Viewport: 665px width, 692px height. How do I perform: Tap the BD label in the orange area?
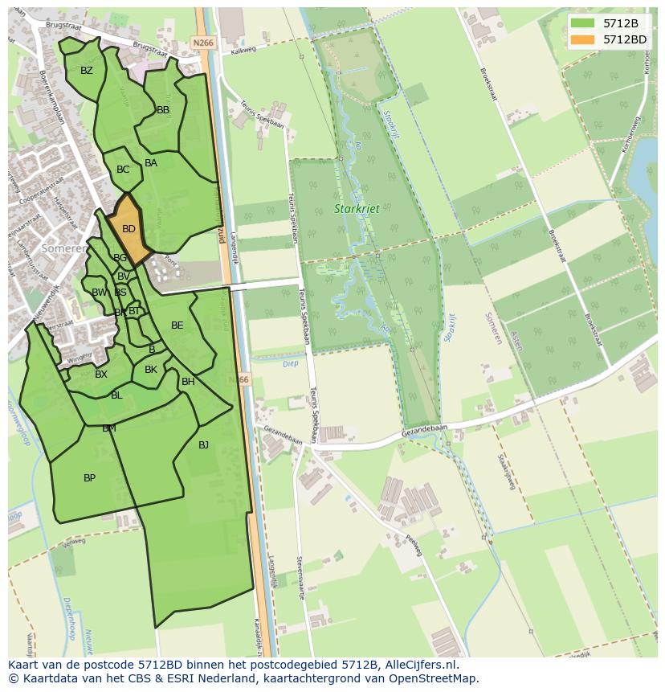(x=129, y=229)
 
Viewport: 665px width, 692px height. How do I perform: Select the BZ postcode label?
(x=87, y=71)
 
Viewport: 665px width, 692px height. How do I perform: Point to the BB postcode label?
(x=163, y=110)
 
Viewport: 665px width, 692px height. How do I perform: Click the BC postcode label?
(x=123, y=170)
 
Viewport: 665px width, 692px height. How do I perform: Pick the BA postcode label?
(x=151, y=163)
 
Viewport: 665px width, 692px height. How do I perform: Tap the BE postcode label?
(x=177, y=326)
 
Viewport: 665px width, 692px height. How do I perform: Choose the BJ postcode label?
(x=203, y=445)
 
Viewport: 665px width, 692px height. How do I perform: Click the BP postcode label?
(x=89, y=478)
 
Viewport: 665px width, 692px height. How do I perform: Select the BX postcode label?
(x=101, y=375)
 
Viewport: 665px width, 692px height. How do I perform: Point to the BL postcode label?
(x=116, y=395)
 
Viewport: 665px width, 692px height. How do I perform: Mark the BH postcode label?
(x=188, y=382)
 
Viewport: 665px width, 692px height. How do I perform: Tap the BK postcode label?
(x=151, y=370)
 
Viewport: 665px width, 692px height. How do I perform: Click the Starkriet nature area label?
(x=357, y=209)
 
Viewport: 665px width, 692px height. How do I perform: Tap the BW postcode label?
(x=99, y=293)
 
